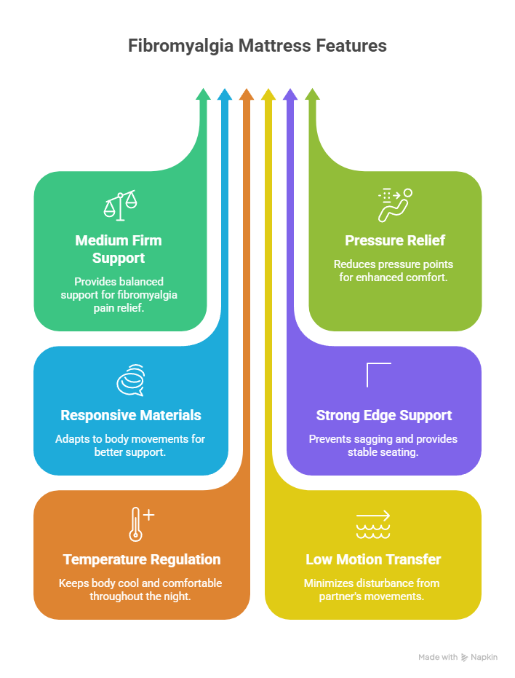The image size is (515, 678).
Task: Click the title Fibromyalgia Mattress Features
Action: coord(257,46)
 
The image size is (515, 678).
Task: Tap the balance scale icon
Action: coord(120,205)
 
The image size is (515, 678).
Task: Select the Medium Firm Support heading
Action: coord(119,249)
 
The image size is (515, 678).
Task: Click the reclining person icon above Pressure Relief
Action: coord(395,205)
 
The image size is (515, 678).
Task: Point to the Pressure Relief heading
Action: coord(395,240)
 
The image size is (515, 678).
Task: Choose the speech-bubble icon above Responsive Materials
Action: coord(131,379)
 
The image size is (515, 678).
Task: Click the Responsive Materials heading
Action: coord(131,415)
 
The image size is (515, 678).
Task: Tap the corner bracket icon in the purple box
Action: coord(378,374)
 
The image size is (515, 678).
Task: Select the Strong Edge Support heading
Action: coord(384,415)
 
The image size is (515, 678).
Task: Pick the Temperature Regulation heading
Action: coord(142,559)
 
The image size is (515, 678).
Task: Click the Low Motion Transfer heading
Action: coord(373,559)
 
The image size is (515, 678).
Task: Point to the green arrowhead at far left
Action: coord(204,94)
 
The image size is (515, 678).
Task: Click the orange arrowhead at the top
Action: coord(247,94)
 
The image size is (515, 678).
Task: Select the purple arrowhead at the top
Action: coord(290,94)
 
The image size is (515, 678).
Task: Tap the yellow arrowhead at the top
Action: coord(268,94)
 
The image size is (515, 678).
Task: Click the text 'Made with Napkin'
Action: coord(458,657)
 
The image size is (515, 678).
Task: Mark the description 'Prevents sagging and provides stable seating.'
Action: coord(384,445)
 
